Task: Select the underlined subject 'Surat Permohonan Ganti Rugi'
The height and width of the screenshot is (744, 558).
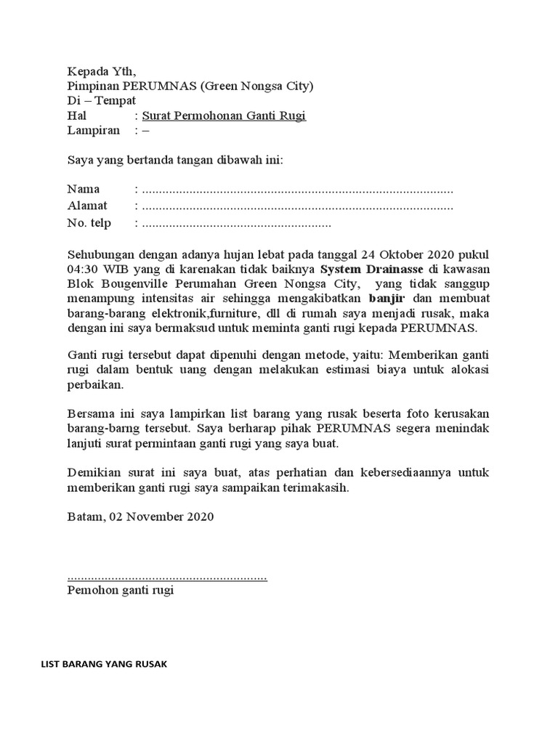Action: point(224,116)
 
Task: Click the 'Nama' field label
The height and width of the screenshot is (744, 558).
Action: point(84,190)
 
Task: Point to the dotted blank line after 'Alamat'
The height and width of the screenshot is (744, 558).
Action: point(298,206)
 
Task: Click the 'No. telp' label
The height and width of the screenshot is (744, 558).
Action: point(89,223)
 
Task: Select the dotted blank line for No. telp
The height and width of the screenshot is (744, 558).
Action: point(236,224)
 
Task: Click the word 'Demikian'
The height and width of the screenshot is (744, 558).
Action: point(92,472)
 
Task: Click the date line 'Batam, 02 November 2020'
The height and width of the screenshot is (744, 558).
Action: point(140,517)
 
